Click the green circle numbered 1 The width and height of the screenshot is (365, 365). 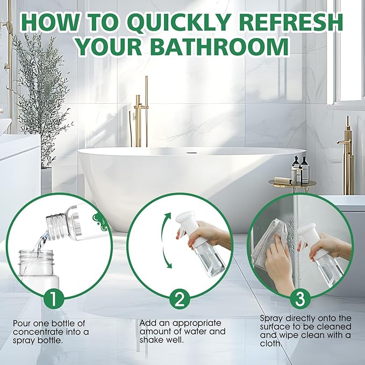point(54,299)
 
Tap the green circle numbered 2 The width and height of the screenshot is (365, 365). point(180,299)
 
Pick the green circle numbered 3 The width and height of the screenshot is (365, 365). point(300,299)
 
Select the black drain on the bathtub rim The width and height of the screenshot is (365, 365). point(192,153)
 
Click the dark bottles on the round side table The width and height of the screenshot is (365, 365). point(300,169)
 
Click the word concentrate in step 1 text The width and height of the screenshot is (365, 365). point(38,332)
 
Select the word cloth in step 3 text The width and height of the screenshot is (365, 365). point(270,344)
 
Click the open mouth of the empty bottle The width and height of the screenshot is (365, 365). point(36,252)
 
